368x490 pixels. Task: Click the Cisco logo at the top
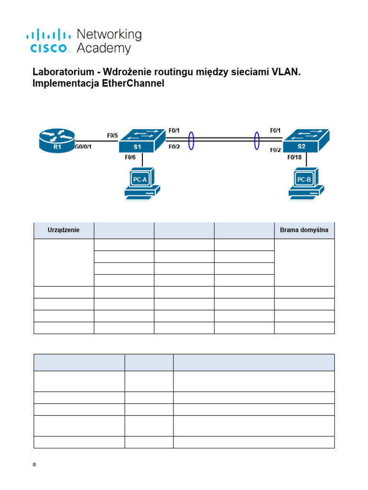tap(50, 41)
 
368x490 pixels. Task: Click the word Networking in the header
tap(109, 34)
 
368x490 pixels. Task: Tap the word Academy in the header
tap(103, 48)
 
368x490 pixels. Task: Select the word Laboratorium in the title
tap(61, 72)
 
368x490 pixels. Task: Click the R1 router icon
tap(57, 141)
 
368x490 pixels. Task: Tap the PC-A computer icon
tap(141, 183)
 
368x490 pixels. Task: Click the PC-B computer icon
tap(306, 183)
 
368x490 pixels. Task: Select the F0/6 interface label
tap(130, 157)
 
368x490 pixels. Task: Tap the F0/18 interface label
tap(294, 157)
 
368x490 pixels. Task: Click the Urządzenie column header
tap(64, 230)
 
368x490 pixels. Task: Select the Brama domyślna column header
tap(304, 230)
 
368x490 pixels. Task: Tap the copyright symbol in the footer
tap(35, 465)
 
